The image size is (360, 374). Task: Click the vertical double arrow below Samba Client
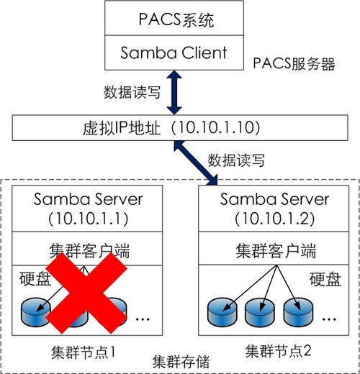pos(174,92)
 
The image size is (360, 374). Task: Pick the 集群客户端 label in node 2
pos(266,251)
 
